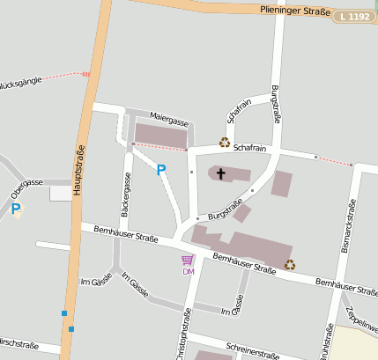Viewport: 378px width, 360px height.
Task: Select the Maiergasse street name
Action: (169, 118)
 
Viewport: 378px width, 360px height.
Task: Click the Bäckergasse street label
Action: (126, 195)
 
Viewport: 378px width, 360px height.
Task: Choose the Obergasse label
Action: (26, 187)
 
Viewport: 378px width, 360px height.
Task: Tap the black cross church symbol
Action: (220, 173)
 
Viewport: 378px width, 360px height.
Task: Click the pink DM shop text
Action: (188, 271)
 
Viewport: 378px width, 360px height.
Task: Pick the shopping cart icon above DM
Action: (188, 260)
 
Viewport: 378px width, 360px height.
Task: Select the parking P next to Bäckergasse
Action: (160, 170)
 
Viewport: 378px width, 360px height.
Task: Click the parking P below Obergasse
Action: (15, 209)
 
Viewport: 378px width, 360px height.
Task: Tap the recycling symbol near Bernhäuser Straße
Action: (290, 263)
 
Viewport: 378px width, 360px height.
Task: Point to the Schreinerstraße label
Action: (252, 350)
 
